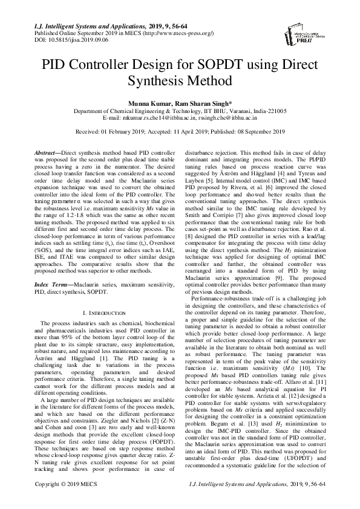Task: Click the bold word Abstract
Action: (47, 154)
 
